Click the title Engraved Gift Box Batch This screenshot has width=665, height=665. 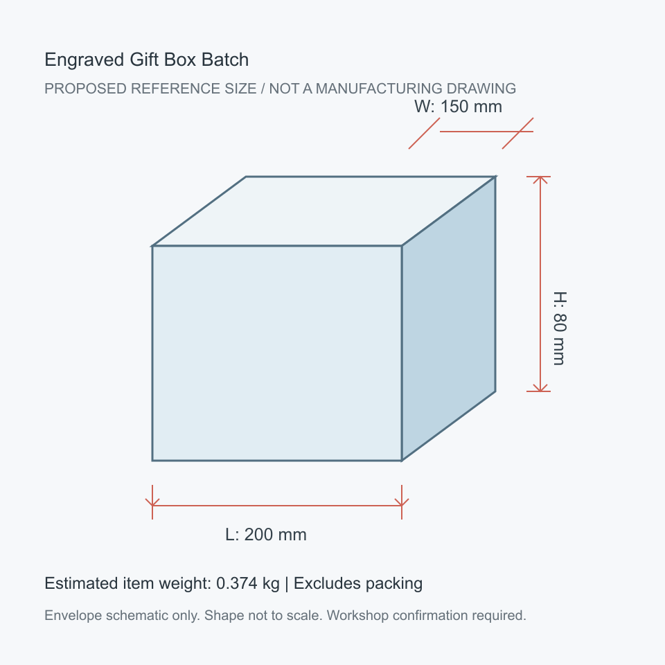click(146, 60)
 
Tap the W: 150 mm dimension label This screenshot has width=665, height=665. click(458, 107)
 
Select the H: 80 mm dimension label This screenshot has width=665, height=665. click(560, 328)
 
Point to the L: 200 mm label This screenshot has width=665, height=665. click(266, 534)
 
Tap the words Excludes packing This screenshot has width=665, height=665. click(358, 583)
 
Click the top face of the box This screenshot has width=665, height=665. click(324, 211)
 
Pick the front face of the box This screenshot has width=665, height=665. click(277, 353)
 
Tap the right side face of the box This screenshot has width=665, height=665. click(449, 318)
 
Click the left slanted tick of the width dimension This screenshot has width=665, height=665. click(424, 133)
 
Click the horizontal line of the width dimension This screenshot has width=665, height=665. click(486, 132)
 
